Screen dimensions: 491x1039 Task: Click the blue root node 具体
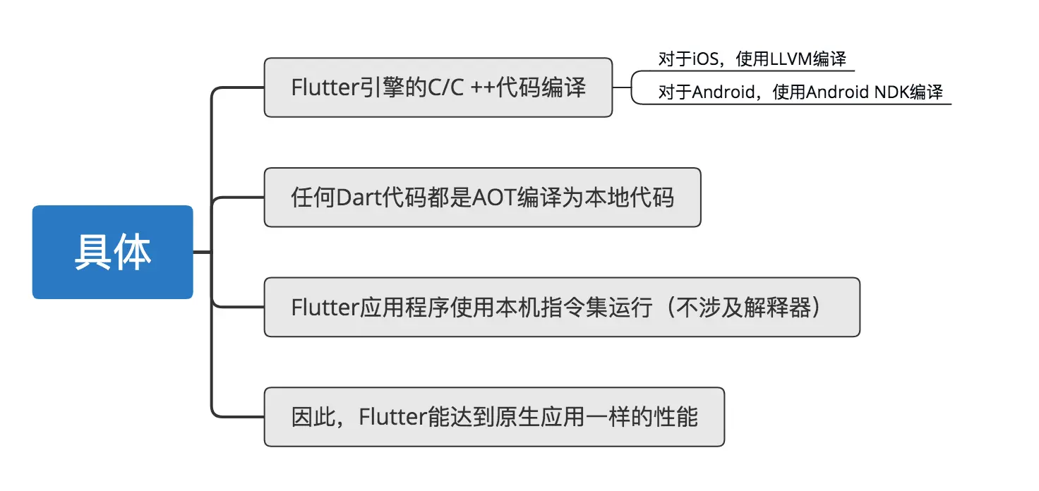pyautogui.click(x=112, y=252)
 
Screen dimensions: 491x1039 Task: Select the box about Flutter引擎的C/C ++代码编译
pyautogui.click(x=438, y=87)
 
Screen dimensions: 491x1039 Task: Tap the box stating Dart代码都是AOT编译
pyautogui.click(x=482, y=198)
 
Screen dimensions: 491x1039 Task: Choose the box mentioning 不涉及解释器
pyautogui.click(x=562, y=308)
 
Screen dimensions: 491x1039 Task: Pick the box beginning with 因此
pyautogui.click(x=494, y=417)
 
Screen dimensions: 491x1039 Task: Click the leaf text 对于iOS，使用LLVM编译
pyautogui.click(x=752, y=59)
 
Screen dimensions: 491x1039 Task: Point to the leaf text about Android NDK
pyautogui.click(x=800, y=92)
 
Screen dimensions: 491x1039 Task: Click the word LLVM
pyautogui.click(x=791, y=59)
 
